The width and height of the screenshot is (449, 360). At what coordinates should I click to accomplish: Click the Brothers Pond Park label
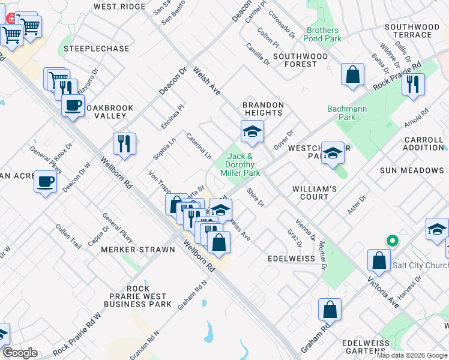pyautogui.click(x=323, y=34)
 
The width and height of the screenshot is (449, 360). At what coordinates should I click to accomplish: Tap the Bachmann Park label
pyautogui.click(x=342, y=113)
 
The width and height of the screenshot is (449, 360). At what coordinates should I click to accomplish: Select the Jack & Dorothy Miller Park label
pyautogui.click(x=243, y=164)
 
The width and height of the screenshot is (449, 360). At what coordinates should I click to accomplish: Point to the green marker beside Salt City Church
pyautogui.click(x=393, y=242)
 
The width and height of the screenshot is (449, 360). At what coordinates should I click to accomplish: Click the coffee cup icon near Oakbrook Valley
pyautogui.click(x=73, y=106)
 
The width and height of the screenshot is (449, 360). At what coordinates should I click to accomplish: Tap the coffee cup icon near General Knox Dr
pyautogui.click(x=45, y=181)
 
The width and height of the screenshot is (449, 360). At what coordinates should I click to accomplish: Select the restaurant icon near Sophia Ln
pyautogui.click(x=124, y=143)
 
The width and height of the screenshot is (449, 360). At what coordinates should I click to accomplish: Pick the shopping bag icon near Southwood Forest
pyautogui.click(x=353, y=74)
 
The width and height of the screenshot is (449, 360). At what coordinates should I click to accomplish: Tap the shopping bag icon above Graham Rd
pyautogui.click(x=330, y=309)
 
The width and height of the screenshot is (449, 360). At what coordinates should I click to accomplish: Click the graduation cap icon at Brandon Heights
pyautogui.click(x=253, y=131)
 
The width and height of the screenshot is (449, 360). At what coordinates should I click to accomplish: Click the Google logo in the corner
pyautogui.click(x=20, y=353)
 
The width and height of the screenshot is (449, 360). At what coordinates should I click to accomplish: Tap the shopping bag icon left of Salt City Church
pyautogui.click(x=378, y=260)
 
